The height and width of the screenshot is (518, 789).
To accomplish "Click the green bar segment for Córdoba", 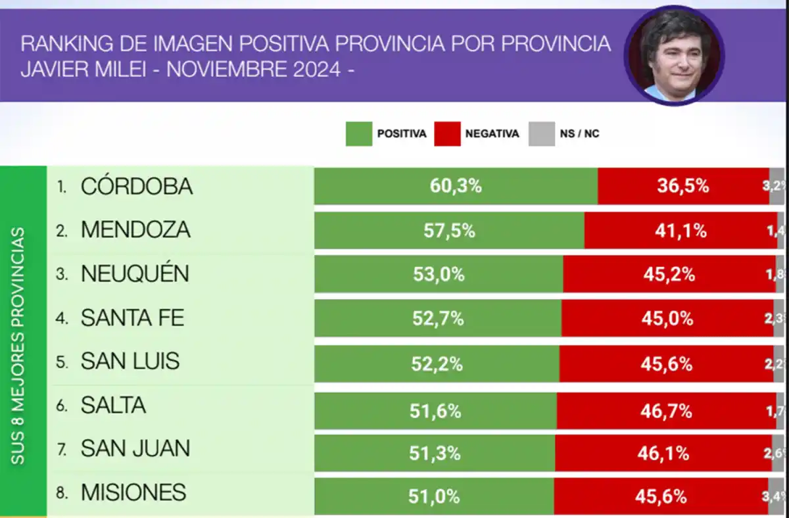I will [x=456, y=186].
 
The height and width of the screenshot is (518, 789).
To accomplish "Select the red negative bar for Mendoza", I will [x=680, y=231].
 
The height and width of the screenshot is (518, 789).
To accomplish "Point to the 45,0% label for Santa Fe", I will [x=667, y=319].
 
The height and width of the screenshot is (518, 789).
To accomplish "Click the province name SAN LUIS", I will [x=130, y=362].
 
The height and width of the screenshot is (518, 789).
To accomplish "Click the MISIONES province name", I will [x=133, y=492].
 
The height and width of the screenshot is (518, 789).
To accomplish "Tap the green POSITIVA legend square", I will [x=358, y=133].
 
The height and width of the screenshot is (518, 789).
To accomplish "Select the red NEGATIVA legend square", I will [x=447, y=133].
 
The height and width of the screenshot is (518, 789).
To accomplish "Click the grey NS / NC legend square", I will [x=542, y=133].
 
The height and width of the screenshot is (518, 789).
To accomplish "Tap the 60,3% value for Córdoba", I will [x=456, y=186].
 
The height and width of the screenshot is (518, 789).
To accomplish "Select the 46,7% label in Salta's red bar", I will [x=665, y=412].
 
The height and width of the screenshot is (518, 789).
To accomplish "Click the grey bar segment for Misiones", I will [x=777, y=496].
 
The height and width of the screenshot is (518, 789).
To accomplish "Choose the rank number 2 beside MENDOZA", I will [x=61, y=231].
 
